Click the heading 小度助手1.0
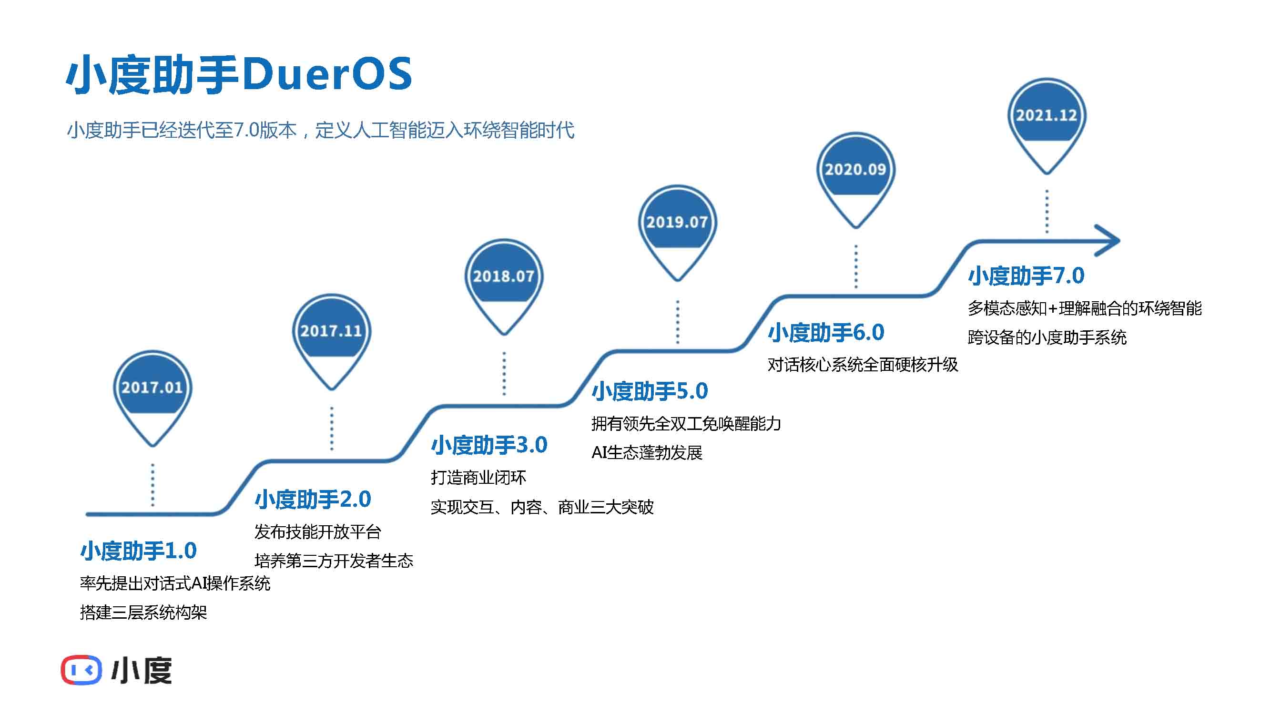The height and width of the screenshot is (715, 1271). point(139,551)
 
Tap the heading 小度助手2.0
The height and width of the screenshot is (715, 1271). point(313,500)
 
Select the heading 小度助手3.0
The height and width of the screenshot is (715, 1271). point(489,445)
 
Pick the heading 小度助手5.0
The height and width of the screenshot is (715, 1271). point(650,391)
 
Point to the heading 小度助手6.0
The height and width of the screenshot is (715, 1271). point(826,333)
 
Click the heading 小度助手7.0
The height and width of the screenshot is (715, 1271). point(1026,276)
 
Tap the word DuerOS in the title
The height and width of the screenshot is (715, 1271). point(327,74)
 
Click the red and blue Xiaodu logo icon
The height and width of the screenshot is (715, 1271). point(81,670)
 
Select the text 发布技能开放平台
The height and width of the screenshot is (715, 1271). point(318,532)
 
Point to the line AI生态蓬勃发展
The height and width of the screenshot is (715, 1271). point(647,452)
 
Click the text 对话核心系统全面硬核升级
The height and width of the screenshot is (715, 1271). point(863,365)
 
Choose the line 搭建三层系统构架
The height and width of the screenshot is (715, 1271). point(143,613)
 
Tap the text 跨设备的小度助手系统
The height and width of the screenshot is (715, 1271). point(1047,337)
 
